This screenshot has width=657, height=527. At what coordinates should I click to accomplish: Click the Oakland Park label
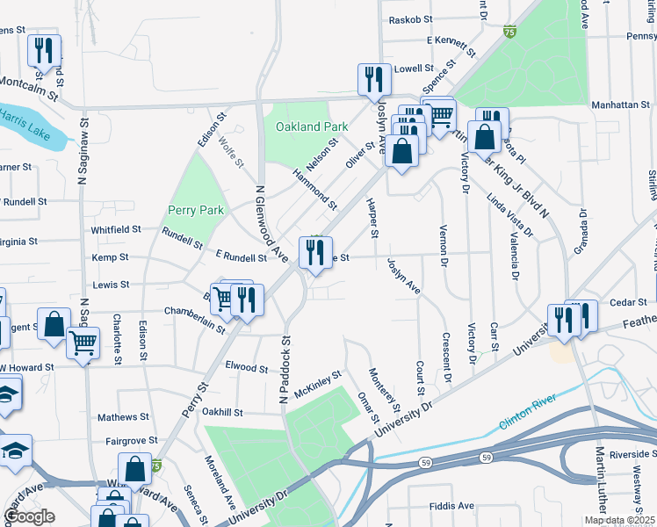pyautogui.click(x=306, y=126)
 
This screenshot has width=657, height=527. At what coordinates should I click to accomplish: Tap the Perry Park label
pyautogui.click(x=196, y=211)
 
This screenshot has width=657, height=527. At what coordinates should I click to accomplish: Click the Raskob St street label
pyautogui.click(x=411, y=18)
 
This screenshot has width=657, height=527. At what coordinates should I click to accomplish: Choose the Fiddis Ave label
pyautogui.click(x=452, y=506)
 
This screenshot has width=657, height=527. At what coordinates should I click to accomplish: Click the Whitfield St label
pyautogui.click(x=116, y=229)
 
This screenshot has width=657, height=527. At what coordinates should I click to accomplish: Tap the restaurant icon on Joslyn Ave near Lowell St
pyautogui.click(x=375, y=79)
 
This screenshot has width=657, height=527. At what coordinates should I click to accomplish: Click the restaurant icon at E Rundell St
pyautogui.click(x=314, y=253)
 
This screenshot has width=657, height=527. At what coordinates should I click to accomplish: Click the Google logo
pyautogui.click(x=29, y=516)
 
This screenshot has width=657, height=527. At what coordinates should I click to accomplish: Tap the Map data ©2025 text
pyautogui.click(x=619, y=520)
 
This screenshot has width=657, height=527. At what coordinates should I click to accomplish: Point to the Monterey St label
pyautogui.click(x=386, y=392)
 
